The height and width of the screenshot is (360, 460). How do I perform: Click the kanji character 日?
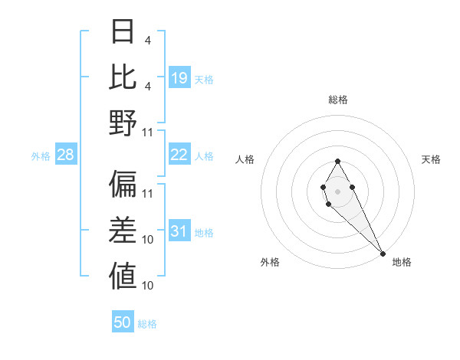point(123,31)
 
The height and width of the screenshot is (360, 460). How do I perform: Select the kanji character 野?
point(123,122)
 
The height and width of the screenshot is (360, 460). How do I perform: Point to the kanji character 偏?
point(123,183)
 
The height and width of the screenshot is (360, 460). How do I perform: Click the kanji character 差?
point(123,229)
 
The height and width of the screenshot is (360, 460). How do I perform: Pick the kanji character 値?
point(123,275)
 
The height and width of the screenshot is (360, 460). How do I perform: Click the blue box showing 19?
point(179,77)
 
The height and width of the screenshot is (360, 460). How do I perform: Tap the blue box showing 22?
point(179,155)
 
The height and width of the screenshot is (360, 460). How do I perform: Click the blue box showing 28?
point(66,155)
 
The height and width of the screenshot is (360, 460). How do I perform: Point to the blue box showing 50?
point(123,322)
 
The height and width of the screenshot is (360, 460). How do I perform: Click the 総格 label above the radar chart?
point(338,100)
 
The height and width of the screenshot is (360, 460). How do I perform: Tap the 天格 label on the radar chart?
point(432,159)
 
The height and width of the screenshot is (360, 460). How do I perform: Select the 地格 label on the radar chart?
point(402,262)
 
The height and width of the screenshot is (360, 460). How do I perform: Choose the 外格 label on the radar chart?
point(270,262)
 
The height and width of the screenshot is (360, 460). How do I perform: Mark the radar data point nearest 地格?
point(383,253)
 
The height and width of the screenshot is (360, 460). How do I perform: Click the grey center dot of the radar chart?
point(337,190)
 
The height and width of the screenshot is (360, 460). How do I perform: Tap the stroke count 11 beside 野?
point(148,132)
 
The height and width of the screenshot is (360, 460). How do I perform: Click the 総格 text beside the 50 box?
point(147,324)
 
